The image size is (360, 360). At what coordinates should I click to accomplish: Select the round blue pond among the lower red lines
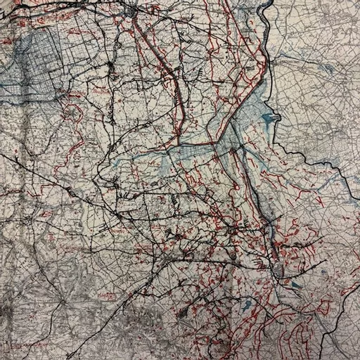point(247,307)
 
